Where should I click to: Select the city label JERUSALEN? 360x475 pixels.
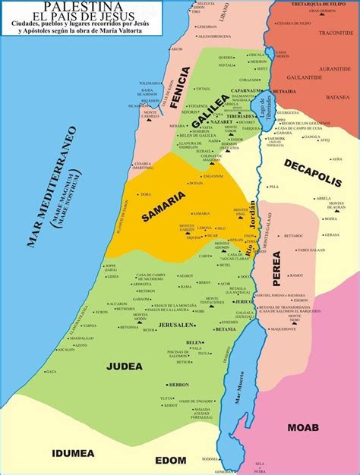pos(176,324)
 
